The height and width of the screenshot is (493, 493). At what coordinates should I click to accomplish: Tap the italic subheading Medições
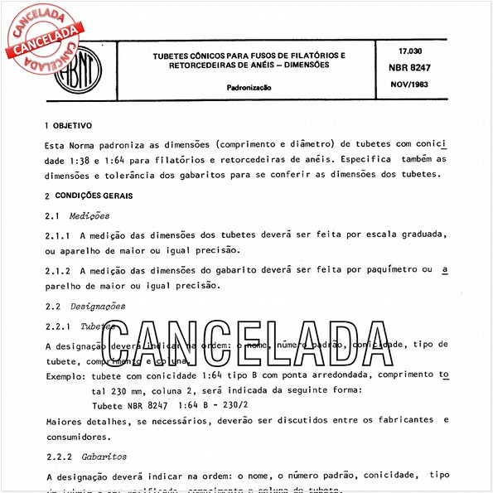pyautogui.click(x=89, y=215)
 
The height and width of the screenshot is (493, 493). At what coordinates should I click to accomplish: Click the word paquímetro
pyautogui.click(x=387, y=270)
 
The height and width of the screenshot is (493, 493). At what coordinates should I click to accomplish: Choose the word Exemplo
pyautogui.click(x=66, y=375)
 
